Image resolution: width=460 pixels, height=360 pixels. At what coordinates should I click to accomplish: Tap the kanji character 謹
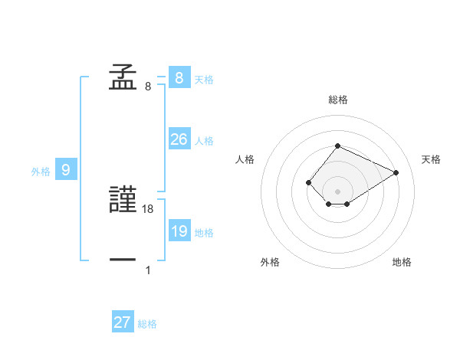click(x=123, y=201)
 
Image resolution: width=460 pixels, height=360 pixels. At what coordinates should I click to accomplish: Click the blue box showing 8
click(x=179, y=77)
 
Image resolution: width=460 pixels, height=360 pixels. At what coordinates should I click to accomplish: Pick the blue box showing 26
click(x=179, y=139)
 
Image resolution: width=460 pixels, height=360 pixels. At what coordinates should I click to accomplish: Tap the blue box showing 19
click(x=179, y=231)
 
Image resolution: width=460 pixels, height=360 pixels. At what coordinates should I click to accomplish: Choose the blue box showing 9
click(x=66, y=170)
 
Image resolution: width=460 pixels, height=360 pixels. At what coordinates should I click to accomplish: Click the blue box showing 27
click(x=123, y=322)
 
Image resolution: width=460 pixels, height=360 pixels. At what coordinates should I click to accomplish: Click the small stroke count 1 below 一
click(x=148, y=270)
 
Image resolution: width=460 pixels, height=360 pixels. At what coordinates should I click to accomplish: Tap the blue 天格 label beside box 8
click(x=204, y=79)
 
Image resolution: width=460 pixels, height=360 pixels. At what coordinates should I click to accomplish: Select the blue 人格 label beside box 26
click(x=204, y=141)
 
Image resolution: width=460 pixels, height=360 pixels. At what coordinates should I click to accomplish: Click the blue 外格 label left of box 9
click(x=41, y=172)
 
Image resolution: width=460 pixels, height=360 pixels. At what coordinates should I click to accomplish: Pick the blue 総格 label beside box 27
click(x=148, y=324)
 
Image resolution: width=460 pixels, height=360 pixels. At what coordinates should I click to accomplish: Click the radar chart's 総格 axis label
click(x=337, y=100)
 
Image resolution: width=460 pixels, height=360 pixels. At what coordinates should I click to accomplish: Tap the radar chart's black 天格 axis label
click(x=431, y=159)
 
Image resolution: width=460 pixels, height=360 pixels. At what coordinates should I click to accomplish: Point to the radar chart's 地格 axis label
click(x=402, y=262)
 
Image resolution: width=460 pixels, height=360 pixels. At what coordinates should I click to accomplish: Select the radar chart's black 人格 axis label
click(x=245, y=159)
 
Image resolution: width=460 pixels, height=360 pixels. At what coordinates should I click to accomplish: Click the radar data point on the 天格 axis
click(x=396, y=172)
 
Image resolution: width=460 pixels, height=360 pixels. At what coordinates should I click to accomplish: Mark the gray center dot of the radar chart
click(x=337, y=191)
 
